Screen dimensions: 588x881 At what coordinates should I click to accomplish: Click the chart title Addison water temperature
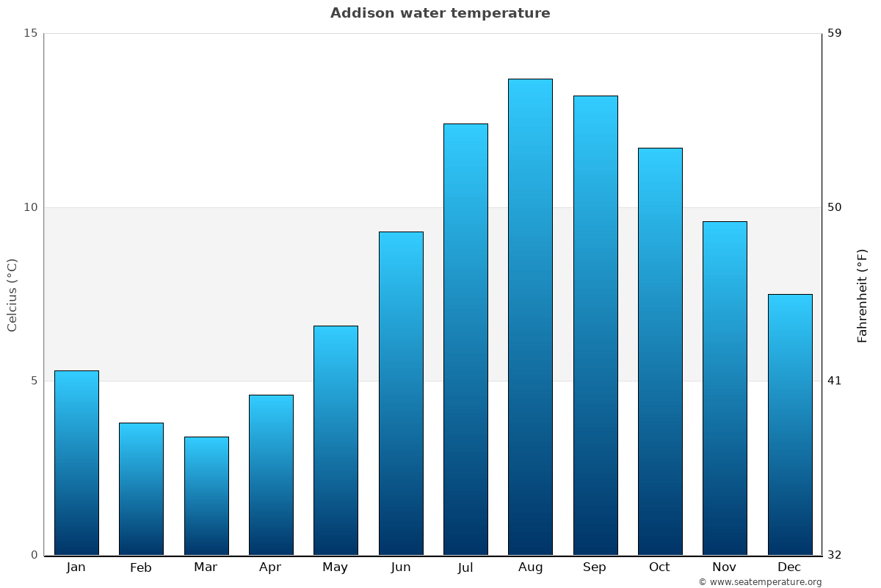point(440,13)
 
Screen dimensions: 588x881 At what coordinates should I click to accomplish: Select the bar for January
point(76,463)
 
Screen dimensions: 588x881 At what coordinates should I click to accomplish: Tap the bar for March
point(206,496)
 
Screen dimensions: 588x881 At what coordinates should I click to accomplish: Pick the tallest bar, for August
point(530,317)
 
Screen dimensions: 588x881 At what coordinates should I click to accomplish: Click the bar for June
point(401,393)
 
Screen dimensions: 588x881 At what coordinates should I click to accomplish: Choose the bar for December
point(790,425)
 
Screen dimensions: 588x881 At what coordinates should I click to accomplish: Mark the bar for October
point(660,351)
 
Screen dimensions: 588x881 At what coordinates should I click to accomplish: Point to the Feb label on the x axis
point(141,567)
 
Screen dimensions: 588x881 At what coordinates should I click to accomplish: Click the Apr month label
point(270,567)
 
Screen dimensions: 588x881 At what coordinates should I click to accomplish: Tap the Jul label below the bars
point(465,567)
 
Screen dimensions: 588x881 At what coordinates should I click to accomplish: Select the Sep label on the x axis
point(595,567)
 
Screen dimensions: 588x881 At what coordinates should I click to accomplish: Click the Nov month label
point(724,567)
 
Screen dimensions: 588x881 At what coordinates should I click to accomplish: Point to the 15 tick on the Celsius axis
point(30,33)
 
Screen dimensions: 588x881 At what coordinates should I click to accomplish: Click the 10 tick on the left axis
point(30,207)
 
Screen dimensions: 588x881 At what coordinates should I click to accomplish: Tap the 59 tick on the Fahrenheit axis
point(835,33)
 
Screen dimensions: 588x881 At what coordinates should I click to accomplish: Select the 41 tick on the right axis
point(835,381)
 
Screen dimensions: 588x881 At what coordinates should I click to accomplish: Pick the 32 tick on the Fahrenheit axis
point(835,555)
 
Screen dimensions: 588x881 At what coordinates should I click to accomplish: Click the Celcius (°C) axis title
point(12,295)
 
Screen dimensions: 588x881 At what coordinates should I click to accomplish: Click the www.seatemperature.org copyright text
point(760,582)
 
